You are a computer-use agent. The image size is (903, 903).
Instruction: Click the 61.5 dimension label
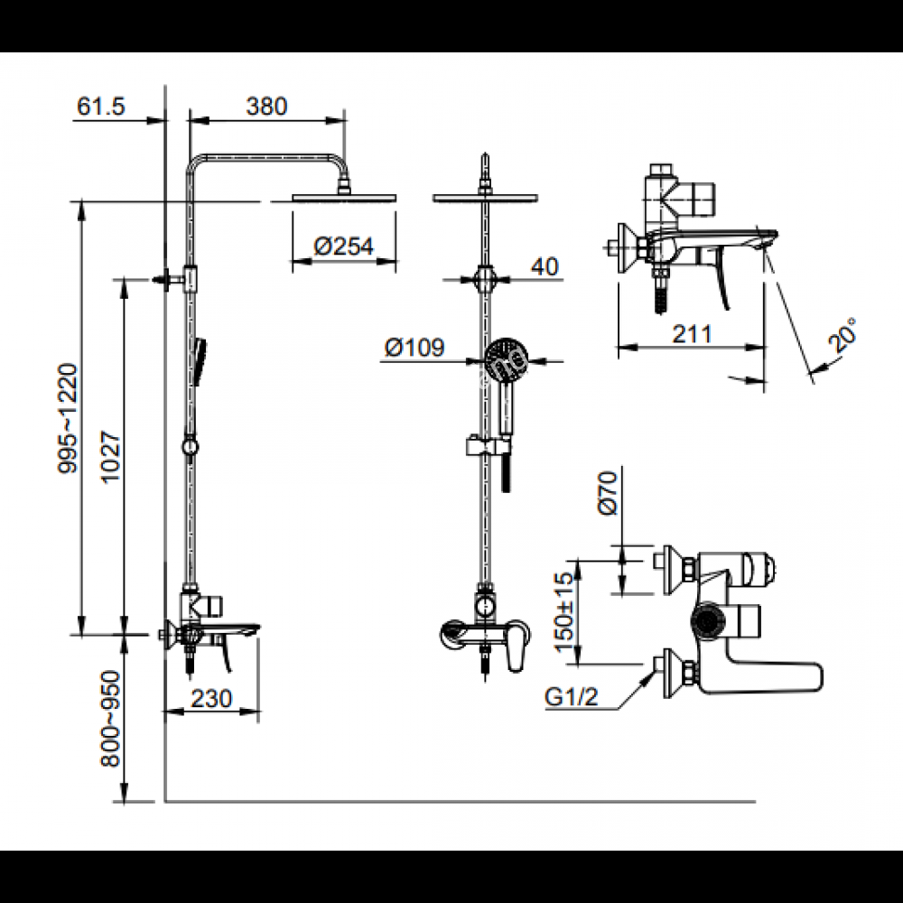101,106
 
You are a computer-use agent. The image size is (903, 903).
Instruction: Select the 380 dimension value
267,106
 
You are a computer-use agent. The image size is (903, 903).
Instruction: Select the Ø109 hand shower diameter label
414,348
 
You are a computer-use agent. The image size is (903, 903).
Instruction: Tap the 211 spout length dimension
693,333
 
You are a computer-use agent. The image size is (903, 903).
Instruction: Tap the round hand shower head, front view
500,355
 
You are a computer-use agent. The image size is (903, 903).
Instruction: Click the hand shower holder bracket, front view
488,446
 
